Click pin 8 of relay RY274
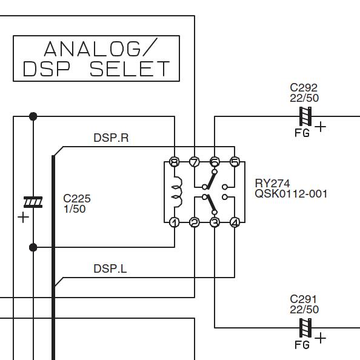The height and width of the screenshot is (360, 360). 175,162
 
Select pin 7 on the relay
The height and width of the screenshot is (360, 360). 195,162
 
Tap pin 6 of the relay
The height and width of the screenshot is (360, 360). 215,162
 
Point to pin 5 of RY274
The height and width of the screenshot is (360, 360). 235,162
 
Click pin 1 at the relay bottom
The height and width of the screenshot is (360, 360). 175,222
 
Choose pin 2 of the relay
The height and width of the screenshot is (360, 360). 195,222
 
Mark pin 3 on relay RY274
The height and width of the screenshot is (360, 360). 215,222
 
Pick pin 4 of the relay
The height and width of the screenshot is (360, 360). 235,222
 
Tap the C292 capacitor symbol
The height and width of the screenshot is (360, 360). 305,116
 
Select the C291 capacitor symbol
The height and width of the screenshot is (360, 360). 305,328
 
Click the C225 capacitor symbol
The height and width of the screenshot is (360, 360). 33,202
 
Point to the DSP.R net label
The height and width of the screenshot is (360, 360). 111,138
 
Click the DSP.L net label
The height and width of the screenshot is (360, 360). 110,268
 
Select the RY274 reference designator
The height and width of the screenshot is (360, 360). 273,184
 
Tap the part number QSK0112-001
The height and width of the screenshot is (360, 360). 291,194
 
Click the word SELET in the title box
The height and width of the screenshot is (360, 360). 130,69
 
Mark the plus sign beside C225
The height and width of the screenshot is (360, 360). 24,217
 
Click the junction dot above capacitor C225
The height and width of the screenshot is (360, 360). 33,116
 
